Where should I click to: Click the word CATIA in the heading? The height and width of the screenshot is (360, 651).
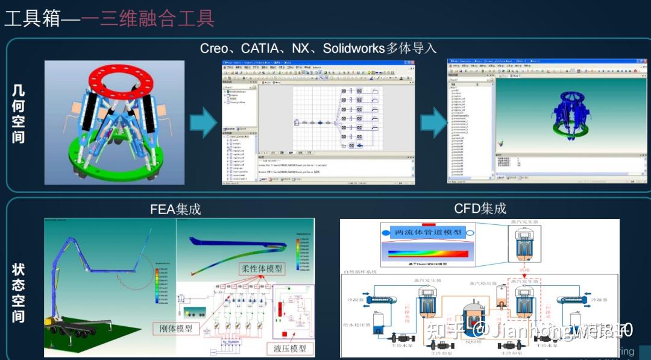point(264,48)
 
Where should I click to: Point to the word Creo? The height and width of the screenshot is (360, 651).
point(214,48)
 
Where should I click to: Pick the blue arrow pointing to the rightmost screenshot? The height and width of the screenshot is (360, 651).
point(433,124)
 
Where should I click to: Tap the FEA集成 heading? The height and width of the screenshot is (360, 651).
point(175,209)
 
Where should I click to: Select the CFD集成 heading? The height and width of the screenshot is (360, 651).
point(480,208)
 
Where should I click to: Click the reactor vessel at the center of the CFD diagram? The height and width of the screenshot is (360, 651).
point(473,320)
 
